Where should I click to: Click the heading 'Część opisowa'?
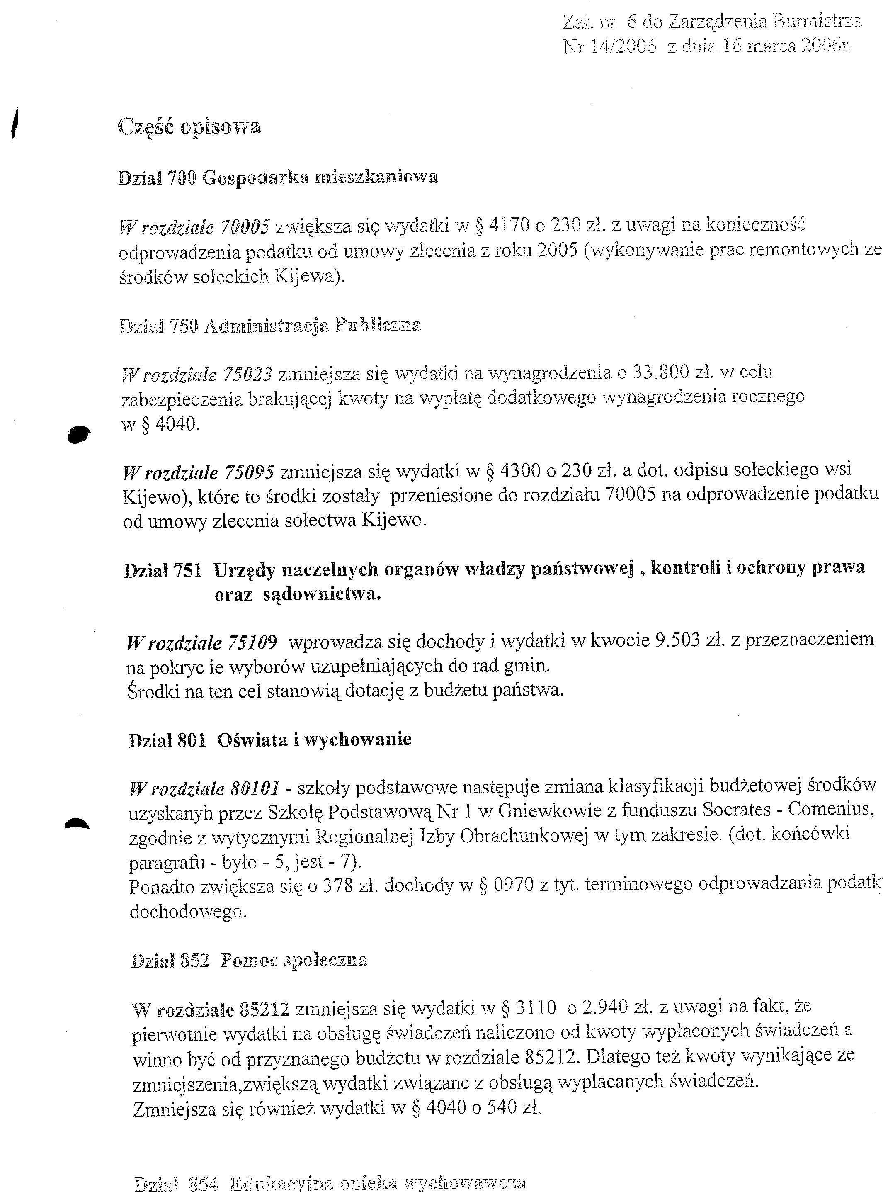pos(189,127)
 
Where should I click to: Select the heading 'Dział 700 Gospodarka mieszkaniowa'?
pos(277,177)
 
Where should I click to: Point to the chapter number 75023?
pos(247,375)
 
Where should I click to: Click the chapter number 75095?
pos(249,472)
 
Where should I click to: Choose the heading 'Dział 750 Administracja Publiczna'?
pos(270,325)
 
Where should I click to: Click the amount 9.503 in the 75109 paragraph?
pos(677,640)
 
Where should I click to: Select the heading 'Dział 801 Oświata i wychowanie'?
pos(270,740)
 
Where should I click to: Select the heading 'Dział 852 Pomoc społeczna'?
pos(249,961)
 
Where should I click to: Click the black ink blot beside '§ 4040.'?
pos(79,434)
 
